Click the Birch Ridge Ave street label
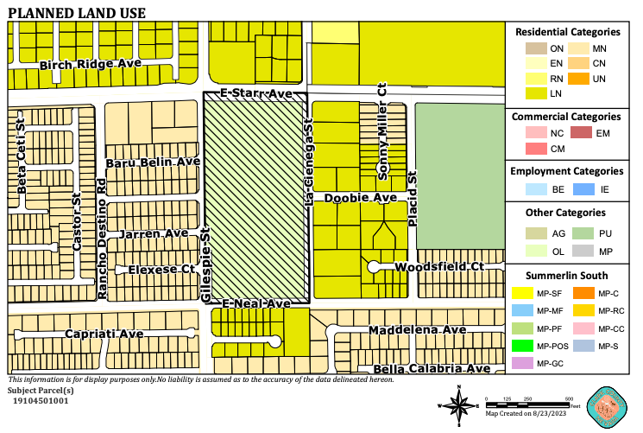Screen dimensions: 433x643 [x=90, y=65]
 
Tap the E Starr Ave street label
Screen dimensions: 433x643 [x=257, y=92]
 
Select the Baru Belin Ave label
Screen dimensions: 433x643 [x=153, y=162]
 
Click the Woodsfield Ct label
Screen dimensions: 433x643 [x=438, y=268]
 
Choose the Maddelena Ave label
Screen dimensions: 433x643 [x=417, y=331]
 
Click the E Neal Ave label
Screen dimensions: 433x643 [x=256, y=304]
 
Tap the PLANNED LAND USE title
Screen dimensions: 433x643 [x=77, y=13]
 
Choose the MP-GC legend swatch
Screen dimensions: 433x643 [x=523, y=363]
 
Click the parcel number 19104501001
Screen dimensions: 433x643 [x=41, y=400]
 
